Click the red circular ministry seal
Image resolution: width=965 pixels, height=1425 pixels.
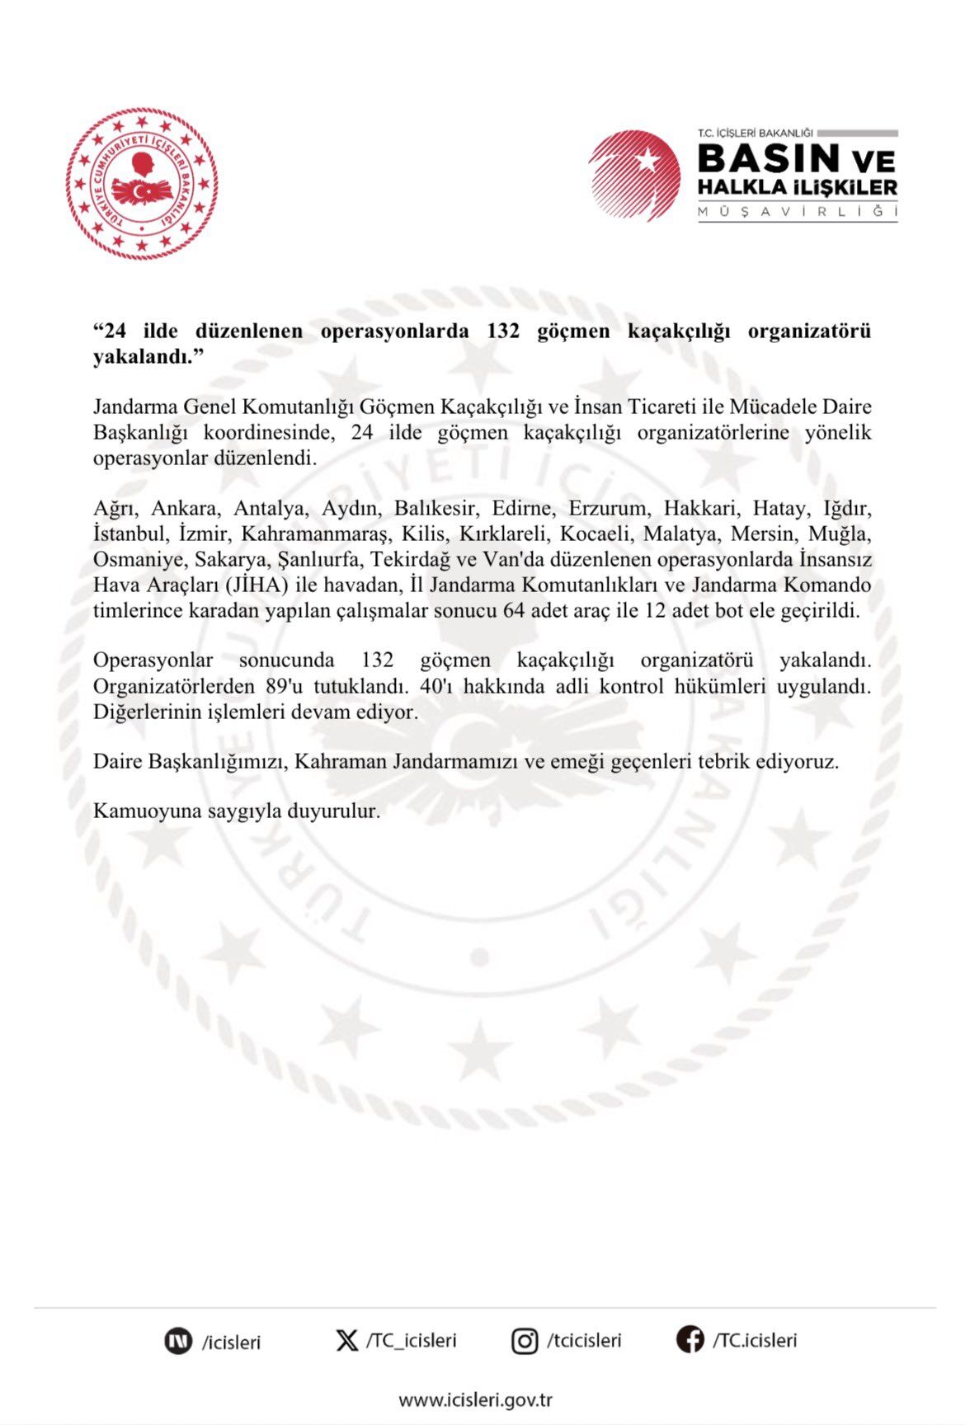click(x=142, y=184)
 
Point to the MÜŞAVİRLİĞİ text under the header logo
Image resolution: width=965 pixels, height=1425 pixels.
click(x=797, y=211)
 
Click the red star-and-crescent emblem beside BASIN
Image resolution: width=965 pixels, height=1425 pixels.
click(x=634, y=175)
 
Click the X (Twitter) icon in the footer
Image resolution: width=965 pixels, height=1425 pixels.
click(x=347, y=1340)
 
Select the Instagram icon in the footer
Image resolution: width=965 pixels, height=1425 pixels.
click(x=525, y=1341)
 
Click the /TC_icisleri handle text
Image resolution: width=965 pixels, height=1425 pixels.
click(x=411, y=1341)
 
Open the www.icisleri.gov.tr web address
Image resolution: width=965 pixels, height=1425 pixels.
click(x=475, y=1399)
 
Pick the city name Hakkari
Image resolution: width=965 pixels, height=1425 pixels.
click(x=699, y=509)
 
